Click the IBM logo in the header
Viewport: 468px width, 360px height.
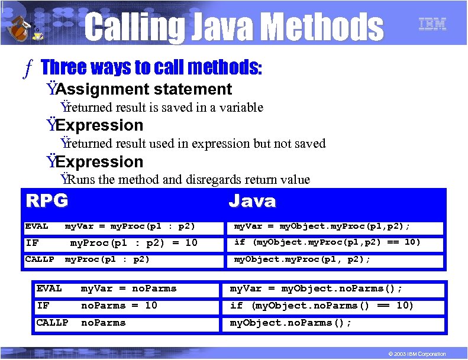[x=432, y=24]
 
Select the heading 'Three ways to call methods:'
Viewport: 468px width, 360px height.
[x=151, y=67]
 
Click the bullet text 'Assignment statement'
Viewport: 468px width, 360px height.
[x=144, y=89]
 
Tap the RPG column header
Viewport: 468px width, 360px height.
[x=47, y=201]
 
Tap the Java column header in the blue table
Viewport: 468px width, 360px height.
[x=252, y=202]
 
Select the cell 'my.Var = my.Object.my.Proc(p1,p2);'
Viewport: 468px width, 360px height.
[x=322, y=226]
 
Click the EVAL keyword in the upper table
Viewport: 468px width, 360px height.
[x=37, y=226]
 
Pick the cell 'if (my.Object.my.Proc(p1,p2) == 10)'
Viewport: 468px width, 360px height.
[x=327, y=242]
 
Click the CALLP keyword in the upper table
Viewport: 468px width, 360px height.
[x=40, y=259]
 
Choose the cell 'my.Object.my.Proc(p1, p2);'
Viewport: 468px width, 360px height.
[x=302, y=260]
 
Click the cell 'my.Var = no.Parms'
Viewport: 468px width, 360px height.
[x=128, y=288]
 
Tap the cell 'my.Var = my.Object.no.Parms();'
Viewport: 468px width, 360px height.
[x=316, y=288]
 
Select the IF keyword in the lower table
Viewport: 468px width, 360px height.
[x=43, y=306]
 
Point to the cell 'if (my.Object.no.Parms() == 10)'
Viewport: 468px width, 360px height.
[x=321, y=306]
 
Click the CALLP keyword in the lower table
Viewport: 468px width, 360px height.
[x=52, y=323]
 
